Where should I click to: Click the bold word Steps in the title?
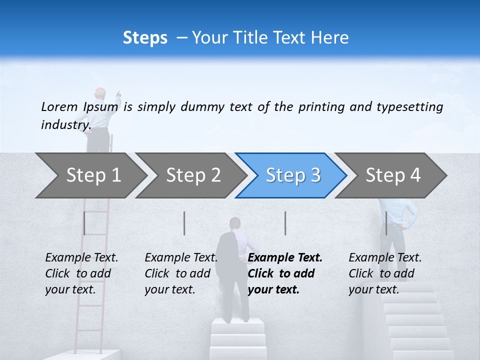145,38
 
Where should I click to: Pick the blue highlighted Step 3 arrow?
292,175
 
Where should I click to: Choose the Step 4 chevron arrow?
392,175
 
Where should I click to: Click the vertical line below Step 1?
84,223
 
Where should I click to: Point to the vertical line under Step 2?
184,223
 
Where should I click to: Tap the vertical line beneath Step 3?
285,223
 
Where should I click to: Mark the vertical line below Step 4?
386,223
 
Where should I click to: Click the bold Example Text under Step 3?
285,258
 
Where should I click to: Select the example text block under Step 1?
81,273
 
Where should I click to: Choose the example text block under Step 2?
181,273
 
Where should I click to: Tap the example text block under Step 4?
385,273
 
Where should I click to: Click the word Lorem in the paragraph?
59,106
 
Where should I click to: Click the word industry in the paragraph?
65,125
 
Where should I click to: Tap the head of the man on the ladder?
100,93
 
